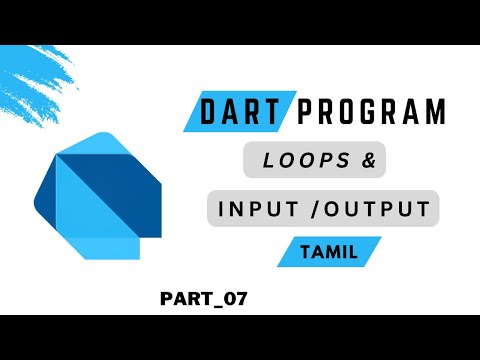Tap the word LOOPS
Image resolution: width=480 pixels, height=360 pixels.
pos(292,161)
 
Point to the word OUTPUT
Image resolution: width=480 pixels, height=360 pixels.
pos(381,210)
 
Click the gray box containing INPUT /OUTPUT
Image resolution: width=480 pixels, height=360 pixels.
pos(224,210)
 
